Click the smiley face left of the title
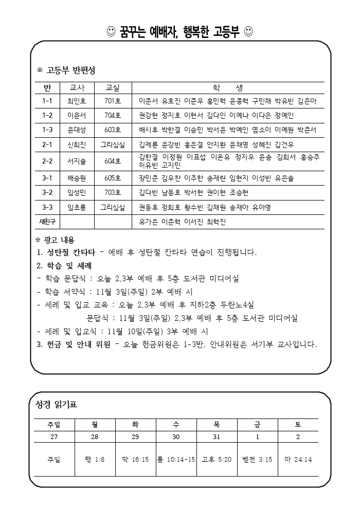tap(111, 32)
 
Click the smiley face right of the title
tap(248, 32)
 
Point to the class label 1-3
tap(48, 130)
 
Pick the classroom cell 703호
tap(112, 192)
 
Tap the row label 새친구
tap(48, 222)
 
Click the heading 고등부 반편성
tap(70, 70)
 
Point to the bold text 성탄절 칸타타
tap(70, 252)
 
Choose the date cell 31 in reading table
tap(217, 436)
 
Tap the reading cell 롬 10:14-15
tap(176, 459)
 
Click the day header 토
tap(298, 425)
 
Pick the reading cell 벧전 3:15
tap(257, 459)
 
